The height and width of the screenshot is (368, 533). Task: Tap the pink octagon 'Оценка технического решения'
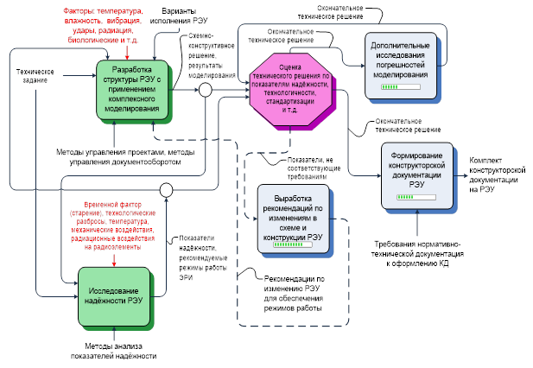pyautogui.click(x=292, y=90)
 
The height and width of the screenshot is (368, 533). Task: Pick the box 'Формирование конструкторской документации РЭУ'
pyautogui.click(x=422, y=175)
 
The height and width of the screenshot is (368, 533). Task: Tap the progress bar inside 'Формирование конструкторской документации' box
pyautogui.click(x=410, y=197)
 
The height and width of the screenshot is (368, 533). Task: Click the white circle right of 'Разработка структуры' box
pyautogui.click(x=205, y=90)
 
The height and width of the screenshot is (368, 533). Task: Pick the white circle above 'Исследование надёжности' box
pyautogui.click(x=168, y=190)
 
